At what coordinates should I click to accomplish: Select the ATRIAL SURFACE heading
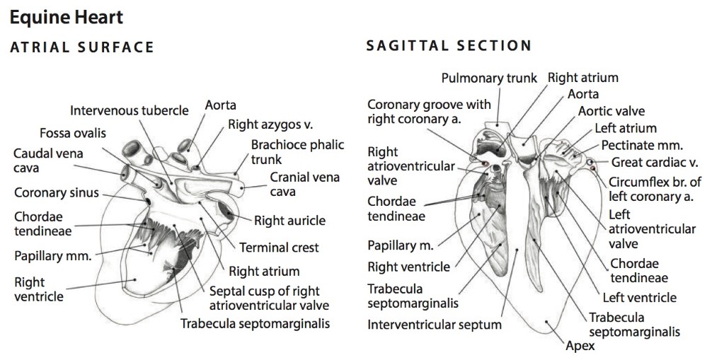[x=81, y=47]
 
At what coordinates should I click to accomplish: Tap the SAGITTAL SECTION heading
[x=449, y=47]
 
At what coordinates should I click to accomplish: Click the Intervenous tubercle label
[x=130, y=110]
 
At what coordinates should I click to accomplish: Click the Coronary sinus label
[x=57, y=192]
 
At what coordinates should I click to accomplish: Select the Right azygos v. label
[x=270, y=125]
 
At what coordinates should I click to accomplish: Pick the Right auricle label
[x=290, y=221]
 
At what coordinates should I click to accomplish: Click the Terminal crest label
[x=279, y=248]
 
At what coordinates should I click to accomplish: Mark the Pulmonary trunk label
[x=489, y=78]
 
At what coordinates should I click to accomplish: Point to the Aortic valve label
[x=611, y=111]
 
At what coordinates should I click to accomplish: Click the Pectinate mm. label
[x=642, y=146]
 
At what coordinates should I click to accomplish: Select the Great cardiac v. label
[x=655, y=163]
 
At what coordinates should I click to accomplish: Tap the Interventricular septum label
[x=435, y=325]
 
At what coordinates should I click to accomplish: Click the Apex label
[x=580, y=346]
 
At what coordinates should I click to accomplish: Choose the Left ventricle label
[x=639, y=298]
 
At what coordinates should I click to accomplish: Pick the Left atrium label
[x=626, y=128]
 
